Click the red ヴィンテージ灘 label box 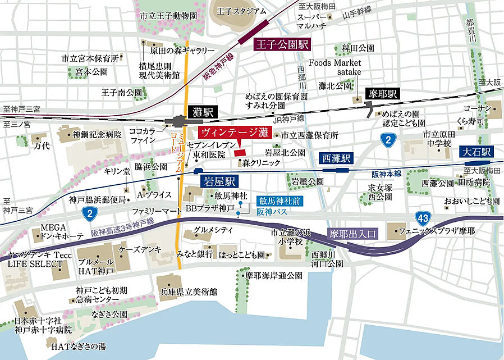235,134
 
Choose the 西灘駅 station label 335,158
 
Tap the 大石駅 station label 475,152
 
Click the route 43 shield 423,217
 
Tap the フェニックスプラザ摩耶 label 440,231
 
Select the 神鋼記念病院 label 97,134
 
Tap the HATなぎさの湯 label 78,347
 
